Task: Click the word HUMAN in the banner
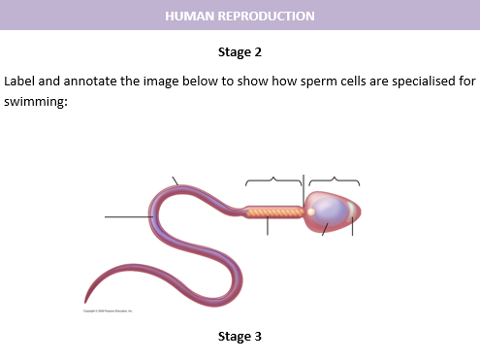(x=187, y=16)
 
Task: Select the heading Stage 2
(x=240, y=51)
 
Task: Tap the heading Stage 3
(x=240, y=337)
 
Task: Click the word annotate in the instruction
(x=92, y=81)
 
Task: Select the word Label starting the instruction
(x=21, y=81)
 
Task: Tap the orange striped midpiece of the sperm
(x=273, y=211)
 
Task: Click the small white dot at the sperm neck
(x=309, y=209)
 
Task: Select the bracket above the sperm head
(x=334, y=180)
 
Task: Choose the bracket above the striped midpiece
(x=274, y=180)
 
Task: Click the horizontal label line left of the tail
(x=126, y=217)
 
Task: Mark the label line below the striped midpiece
(x=268, y=226)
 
